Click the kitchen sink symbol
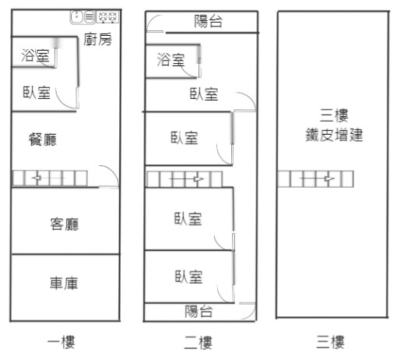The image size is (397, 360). pos(83,17)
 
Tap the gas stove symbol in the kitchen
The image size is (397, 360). pos(107,17)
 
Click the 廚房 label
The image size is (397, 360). pos(97,39)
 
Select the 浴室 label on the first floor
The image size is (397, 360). pos(35,55)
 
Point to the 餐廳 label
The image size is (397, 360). pos(43,139)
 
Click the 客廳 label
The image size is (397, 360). pos(65,224)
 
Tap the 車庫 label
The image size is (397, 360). pos(64,283)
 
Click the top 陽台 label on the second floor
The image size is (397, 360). pos(209,21)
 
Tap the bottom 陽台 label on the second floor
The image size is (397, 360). pos(198,311)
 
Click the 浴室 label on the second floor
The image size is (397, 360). pos(171,59)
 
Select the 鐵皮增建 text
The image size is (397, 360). pos(334,135)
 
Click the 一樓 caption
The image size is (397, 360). pos(61,342)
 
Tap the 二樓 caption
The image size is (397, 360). pos(198,342)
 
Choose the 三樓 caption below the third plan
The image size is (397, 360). pos(330,342)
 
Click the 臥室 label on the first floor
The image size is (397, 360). pos(37,92)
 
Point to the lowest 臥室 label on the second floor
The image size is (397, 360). pos(188,277)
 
